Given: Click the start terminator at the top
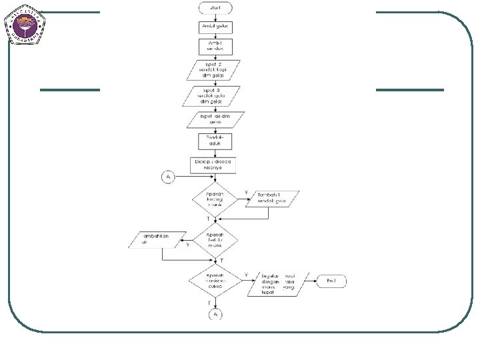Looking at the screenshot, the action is [214, 8].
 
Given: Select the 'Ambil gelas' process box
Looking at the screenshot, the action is [214, 26].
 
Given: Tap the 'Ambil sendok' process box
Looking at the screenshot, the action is [214, 46].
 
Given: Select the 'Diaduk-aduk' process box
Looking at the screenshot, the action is [214, 141].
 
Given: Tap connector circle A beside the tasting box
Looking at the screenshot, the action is [167, 177].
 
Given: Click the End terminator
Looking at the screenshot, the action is [331, 281].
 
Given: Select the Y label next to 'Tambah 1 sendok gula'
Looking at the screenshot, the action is [245, 193].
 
